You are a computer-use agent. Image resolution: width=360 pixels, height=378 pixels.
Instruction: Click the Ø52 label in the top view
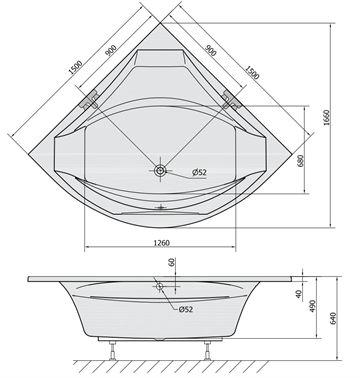coord(200,175)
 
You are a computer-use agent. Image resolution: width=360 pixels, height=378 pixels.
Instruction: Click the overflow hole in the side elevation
coord(159,286)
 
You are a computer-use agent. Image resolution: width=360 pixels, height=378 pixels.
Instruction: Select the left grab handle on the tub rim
coord(92,99)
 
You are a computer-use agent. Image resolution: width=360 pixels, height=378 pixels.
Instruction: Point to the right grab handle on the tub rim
coord(232,98)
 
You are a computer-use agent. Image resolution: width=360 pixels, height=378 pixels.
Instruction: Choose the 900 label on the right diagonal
coord(212,47)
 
